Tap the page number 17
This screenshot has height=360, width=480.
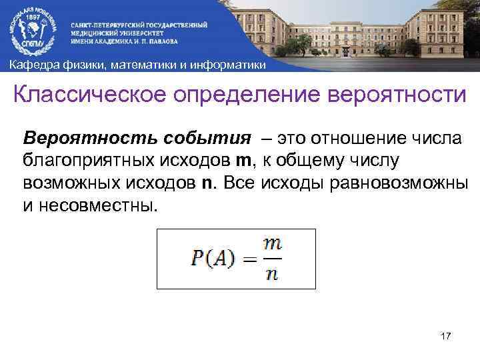tap(446, 338)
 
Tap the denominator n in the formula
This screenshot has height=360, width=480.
tap(271, 274)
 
